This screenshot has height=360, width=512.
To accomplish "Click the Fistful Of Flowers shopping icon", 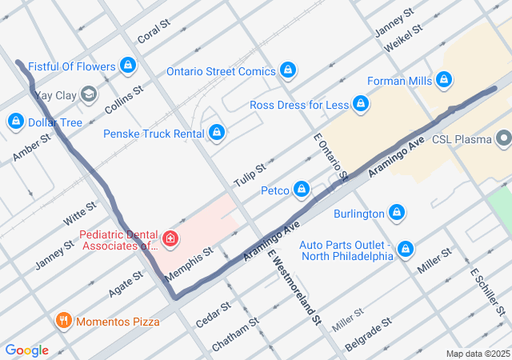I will coord(128,65).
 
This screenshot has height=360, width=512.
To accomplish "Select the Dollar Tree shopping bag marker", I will coord(15,122).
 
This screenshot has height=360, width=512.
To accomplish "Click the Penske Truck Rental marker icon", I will coord(216,133).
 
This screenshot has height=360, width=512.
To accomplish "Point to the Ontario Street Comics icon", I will coord(288,71).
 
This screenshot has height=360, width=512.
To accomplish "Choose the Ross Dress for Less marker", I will coord(362,105).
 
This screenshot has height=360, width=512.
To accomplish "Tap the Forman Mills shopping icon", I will coord(444,81).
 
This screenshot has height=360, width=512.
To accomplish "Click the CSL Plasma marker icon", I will coord(503,139).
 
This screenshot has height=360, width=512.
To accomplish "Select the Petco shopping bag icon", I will coord(302,190).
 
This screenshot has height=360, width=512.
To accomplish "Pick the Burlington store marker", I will coord(396,214).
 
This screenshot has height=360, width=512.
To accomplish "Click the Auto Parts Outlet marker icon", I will coord(406,250).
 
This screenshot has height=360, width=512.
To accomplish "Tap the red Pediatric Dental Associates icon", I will coord(170,238).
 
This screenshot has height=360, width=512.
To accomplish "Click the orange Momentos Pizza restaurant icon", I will coord(64,322).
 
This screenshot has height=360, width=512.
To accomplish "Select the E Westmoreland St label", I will coord(294,287).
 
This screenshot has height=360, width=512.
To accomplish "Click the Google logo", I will coord(26,350).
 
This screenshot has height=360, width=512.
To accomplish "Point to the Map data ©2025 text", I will coord(477,354).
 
